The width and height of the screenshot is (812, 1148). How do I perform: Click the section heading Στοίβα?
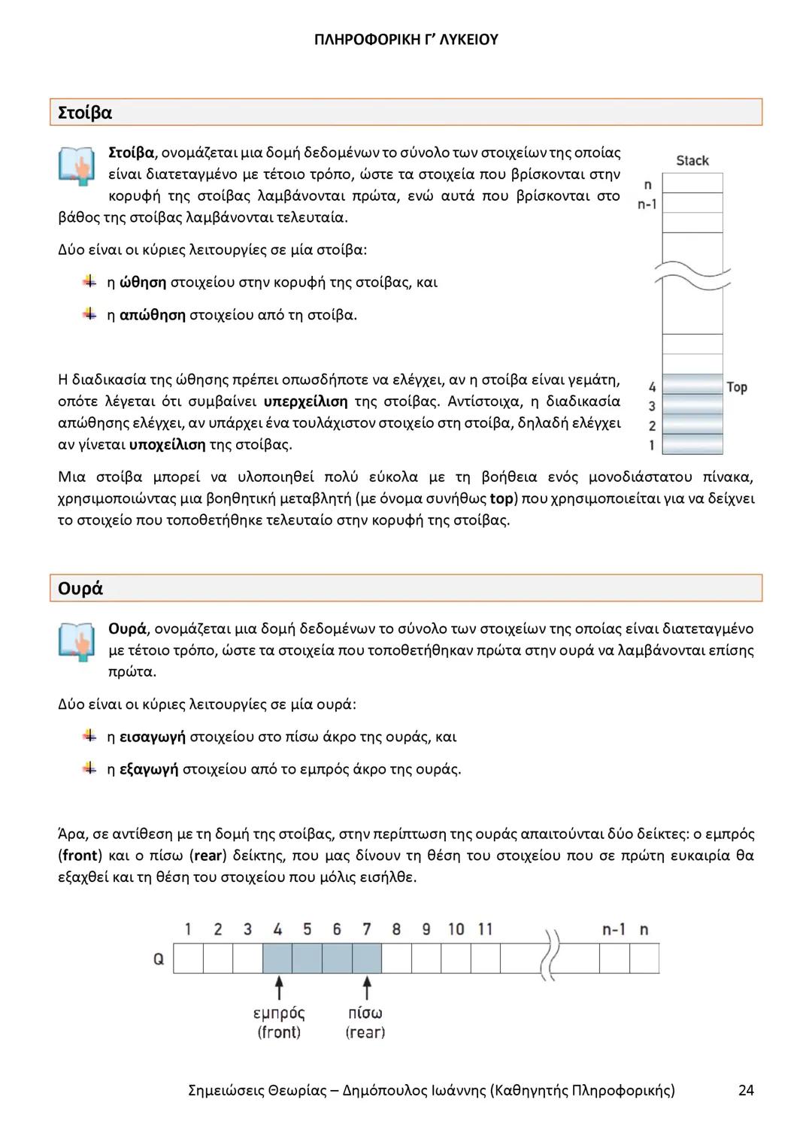coord(85,113)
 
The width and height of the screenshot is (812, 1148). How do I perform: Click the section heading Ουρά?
coord(80,588)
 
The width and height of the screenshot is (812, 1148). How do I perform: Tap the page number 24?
coord(746,1089)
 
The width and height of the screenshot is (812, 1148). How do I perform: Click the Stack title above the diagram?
coord(692,160)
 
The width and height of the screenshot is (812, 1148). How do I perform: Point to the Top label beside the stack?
coord(737,386)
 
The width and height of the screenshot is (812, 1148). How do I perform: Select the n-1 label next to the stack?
coord(647,204)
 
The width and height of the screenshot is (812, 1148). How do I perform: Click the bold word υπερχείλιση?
coord(306,401)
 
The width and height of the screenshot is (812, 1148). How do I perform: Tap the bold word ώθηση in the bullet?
coord(143,282)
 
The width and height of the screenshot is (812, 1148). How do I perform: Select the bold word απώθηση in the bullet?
coord(153,314)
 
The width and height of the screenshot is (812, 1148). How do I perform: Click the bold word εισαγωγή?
coord(153,737)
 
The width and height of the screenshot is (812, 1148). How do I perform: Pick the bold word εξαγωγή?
coord(149,769)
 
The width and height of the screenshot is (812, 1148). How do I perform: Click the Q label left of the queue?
coord(159,959)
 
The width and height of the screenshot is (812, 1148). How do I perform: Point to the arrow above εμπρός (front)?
coord(279,987)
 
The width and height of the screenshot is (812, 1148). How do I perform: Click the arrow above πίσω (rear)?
coord(367,987)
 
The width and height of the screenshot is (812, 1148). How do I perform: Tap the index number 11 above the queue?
coord(485,929)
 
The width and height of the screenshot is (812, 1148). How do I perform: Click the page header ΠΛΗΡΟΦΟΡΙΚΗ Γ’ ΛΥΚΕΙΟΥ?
coord(406,40)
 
